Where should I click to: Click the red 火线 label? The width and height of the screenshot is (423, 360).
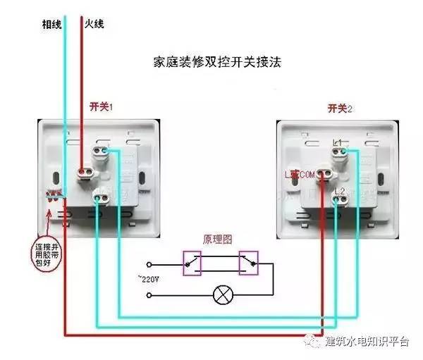point(94,23)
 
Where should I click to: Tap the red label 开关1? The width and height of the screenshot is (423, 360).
point(102,106)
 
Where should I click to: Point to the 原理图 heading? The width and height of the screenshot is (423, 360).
point(217,240)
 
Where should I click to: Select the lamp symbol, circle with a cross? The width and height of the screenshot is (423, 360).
point(222,294)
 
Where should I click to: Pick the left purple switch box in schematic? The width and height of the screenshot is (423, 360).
point(192,262)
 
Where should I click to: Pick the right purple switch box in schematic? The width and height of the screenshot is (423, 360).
point(248,262)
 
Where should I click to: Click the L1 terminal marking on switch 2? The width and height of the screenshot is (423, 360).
point(338,143)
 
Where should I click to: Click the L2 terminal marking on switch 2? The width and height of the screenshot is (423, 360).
point(339,191)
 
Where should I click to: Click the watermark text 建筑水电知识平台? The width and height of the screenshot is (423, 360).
point(367,341)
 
